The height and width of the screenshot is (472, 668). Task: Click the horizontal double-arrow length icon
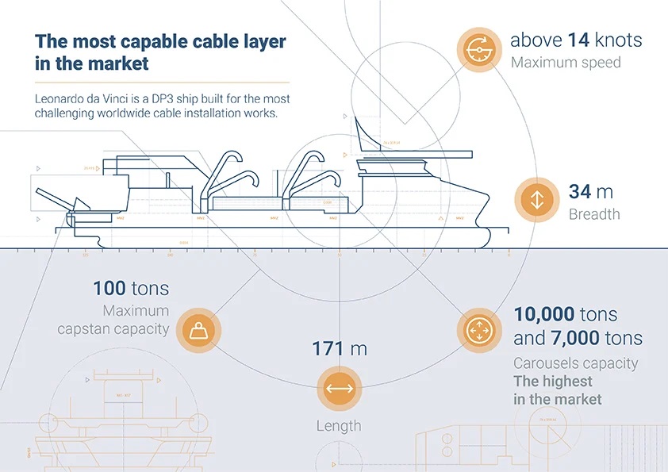339,389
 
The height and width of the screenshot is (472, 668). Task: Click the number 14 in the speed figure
582,40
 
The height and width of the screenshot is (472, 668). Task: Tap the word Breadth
594,214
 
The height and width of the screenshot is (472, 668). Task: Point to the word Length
339,426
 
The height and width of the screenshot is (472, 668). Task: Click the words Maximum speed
566,62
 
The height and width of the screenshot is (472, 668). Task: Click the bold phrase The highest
552,382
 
